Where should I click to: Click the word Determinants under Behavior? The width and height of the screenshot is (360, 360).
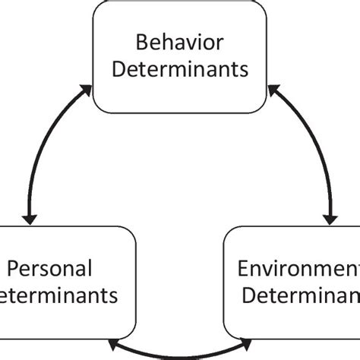click(x=180, y=70)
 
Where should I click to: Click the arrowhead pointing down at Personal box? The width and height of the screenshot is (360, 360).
click(x=30, y=218)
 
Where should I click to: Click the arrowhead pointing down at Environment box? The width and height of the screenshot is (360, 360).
click(x=331, y=218)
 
